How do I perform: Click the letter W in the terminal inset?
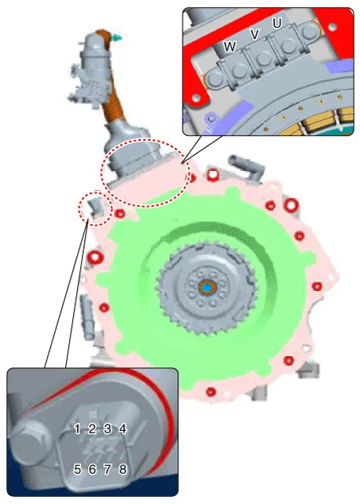230,47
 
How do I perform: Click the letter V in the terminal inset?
254,34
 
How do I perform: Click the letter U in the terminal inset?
277,23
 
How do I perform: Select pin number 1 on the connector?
77,428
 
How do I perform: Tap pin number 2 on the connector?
92,428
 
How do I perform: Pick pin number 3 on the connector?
107,428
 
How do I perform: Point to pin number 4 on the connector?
123,428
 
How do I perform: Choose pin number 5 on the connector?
77,469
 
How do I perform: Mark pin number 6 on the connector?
92,469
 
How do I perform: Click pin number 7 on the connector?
107,469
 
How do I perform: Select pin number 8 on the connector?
123,469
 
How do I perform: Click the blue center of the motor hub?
207,288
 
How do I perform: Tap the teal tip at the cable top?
117,37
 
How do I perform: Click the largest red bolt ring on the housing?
291,204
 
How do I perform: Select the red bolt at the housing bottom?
211,392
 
